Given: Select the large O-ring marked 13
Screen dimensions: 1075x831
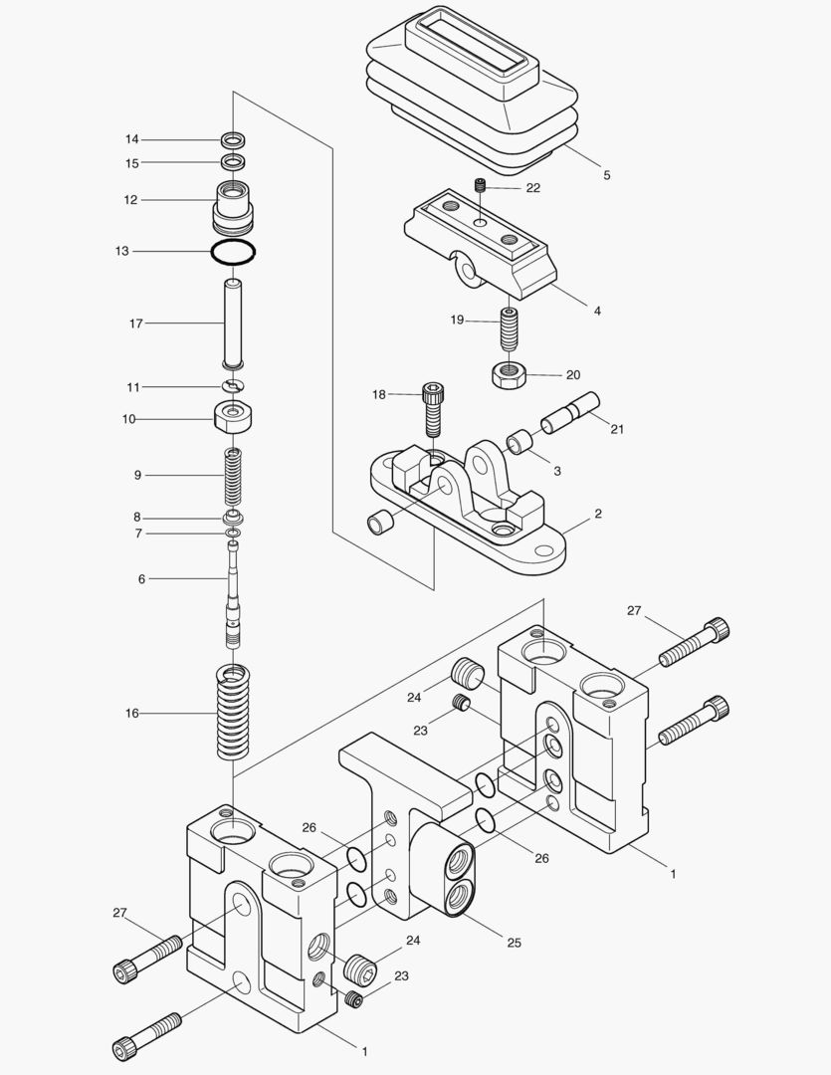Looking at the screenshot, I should point(234,252).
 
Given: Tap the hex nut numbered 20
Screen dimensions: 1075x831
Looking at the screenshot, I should point(509,375).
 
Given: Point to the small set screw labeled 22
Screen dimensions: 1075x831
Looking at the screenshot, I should point(480,186).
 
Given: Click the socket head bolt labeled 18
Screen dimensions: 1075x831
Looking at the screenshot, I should point(433,408).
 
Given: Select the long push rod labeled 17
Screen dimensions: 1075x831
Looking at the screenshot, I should point(234,324).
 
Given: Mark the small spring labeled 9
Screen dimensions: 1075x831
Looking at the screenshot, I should point(234,476).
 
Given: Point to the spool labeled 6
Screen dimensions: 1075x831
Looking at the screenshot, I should point(233,597).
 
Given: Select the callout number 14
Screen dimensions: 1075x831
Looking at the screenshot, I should point(132,138).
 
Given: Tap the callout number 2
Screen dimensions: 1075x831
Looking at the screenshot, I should point(597,515).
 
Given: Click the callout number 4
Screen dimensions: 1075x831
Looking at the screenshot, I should point(597,311).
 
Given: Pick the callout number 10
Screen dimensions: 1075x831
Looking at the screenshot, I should point(128,419).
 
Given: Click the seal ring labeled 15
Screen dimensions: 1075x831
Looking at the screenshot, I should point(234,161).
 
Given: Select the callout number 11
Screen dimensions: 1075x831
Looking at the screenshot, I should point(132,386).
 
